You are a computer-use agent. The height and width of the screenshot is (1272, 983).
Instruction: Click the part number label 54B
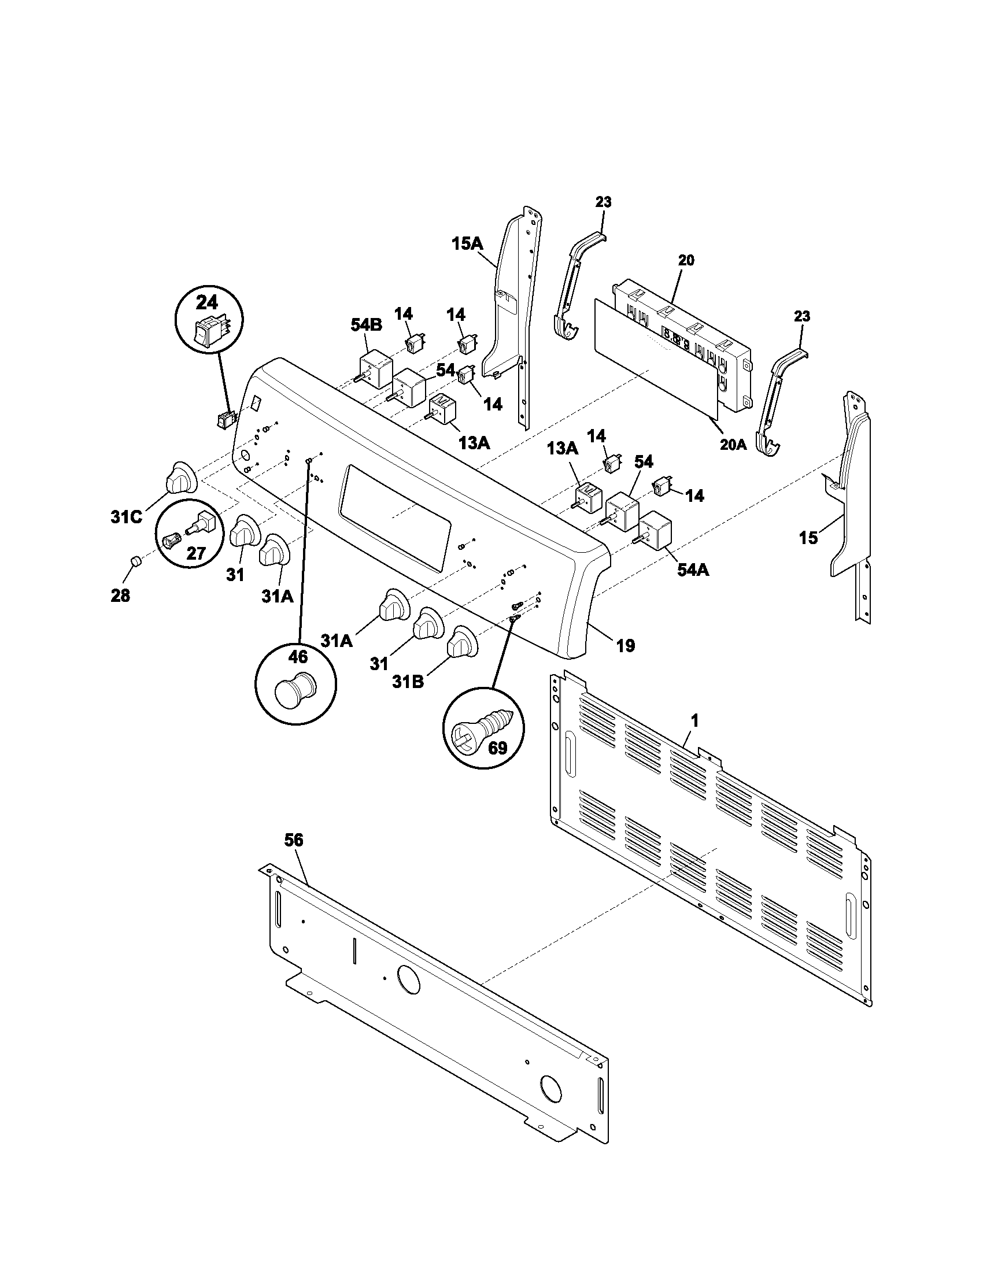(x=365, y=325)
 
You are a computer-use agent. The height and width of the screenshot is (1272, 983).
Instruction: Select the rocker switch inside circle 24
(x=209, y=332)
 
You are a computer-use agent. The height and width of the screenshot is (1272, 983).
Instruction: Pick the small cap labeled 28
(x=135, y=561)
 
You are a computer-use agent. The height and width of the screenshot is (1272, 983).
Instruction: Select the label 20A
(x=733, y=445)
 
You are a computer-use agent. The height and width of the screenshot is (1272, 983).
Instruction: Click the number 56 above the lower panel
(x=294, y=840)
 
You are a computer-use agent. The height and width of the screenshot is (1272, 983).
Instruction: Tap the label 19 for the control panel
(x=625, y=645)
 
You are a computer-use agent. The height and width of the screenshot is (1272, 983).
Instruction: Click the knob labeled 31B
(x=462, y=644)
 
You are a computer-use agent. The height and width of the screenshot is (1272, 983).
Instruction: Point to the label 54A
(x=692, y=570)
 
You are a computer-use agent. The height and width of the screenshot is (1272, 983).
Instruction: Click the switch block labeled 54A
(x=656, y=529)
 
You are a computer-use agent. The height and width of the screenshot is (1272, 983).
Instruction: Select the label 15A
(x=467, y=243)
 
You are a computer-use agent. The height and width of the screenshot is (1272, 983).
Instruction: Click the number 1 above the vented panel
(x=694, y=721)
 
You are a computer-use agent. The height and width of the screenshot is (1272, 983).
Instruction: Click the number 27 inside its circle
(x=196, y=552)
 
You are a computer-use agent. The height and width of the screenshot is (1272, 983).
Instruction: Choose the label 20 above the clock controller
(x=686, y=260)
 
